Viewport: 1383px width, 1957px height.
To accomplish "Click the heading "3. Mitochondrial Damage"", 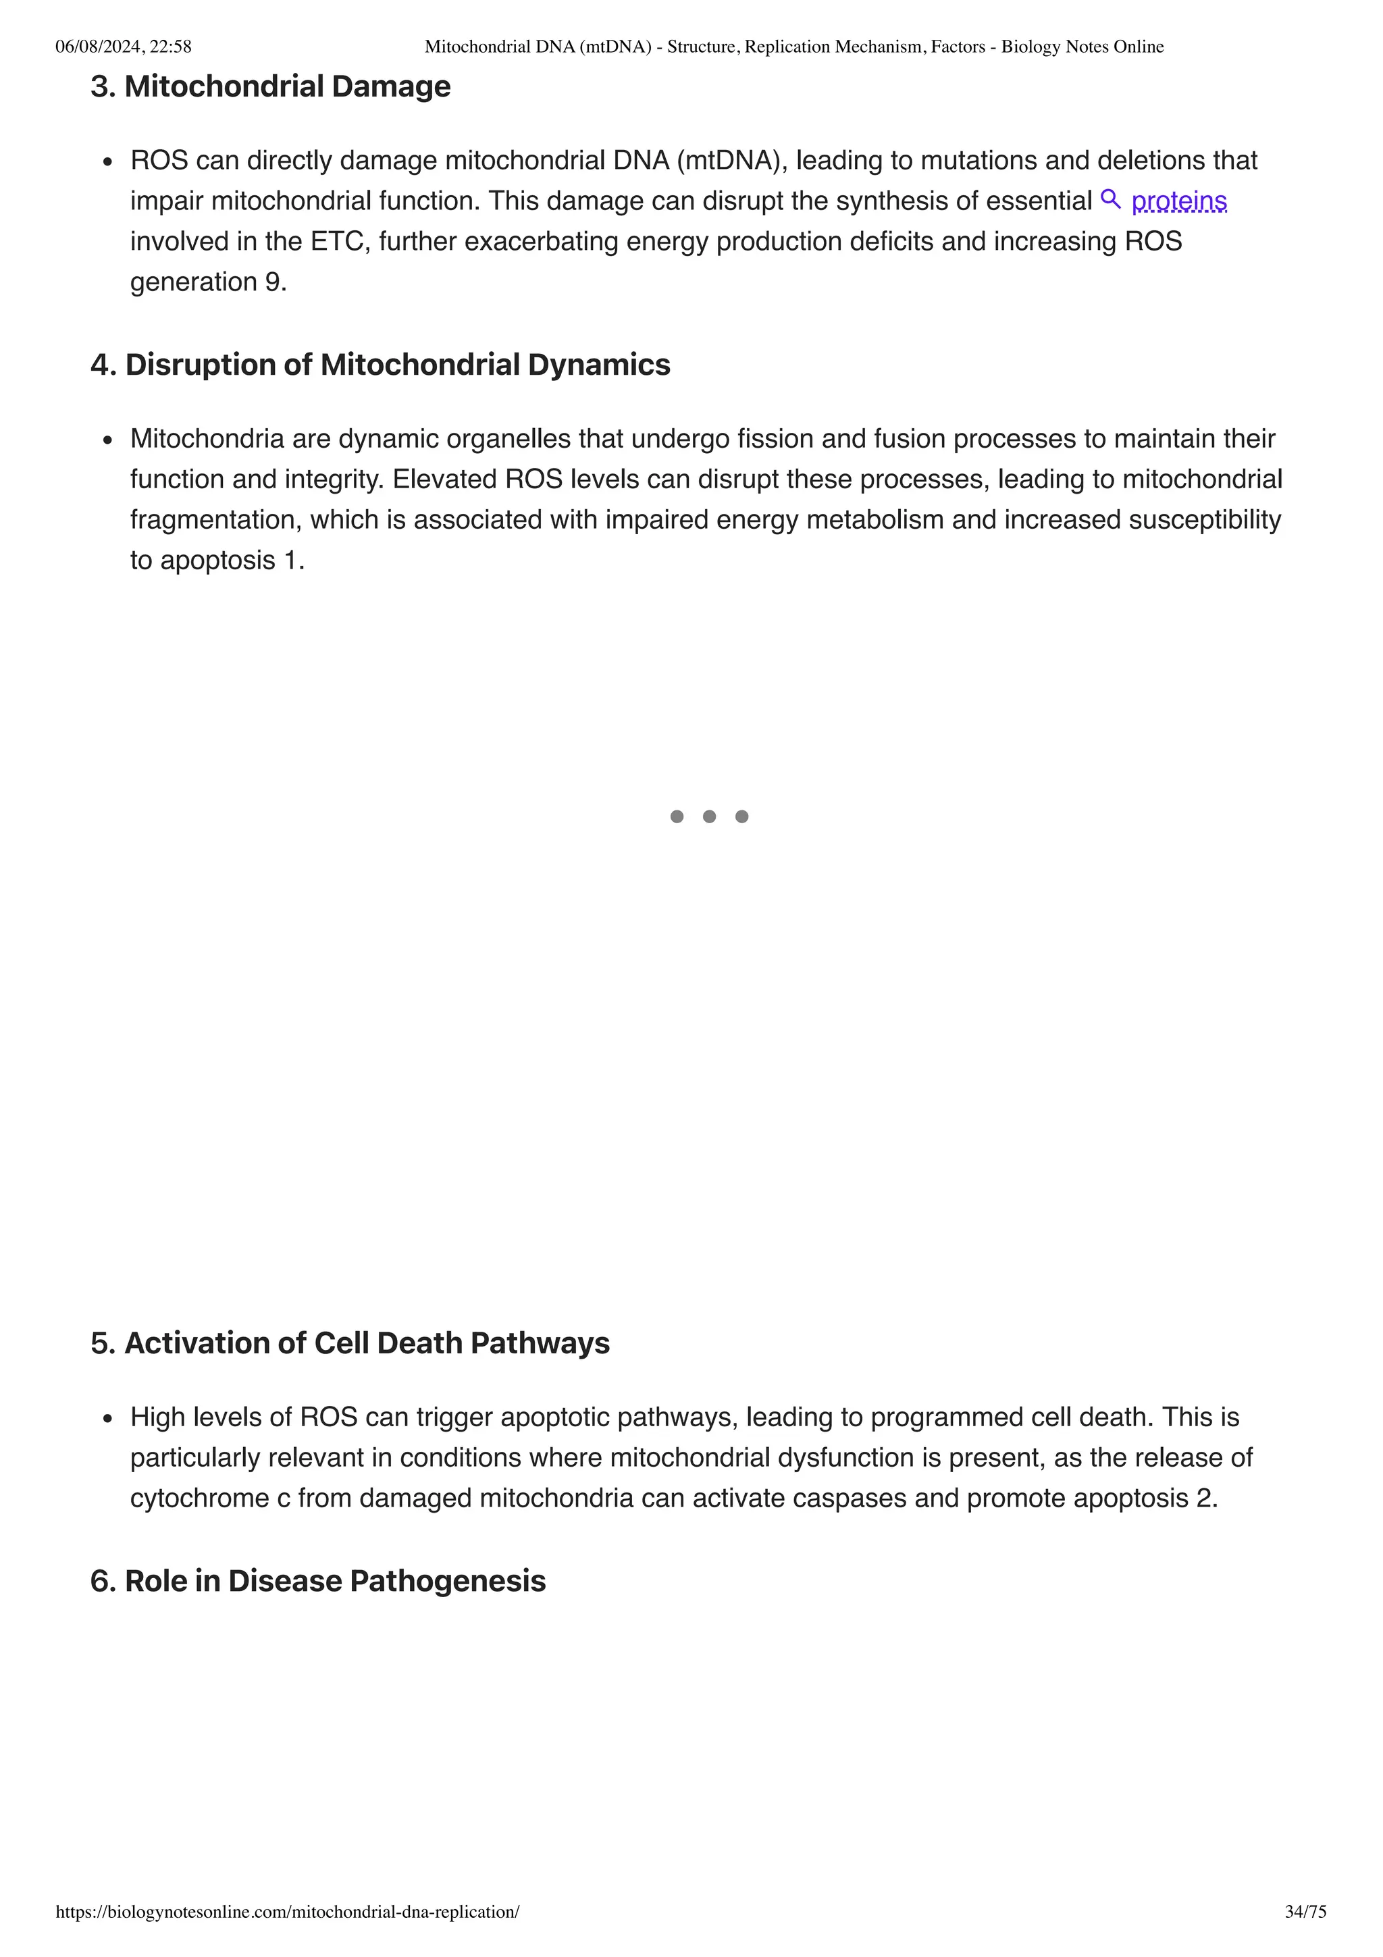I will [x=270, y=86].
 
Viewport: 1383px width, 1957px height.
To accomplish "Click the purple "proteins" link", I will [x=1178, y=201].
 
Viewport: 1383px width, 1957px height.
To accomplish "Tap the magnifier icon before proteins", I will [x=1110, y=199].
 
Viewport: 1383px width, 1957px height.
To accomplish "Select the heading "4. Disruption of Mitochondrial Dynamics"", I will [x=380, y=365].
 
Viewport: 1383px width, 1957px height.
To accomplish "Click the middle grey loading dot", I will [x=709, y=816].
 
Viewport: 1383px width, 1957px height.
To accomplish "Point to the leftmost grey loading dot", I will [x=677, y=816].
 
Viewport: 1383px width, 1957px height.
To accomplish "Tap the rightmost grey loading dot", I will [x=741, y=816].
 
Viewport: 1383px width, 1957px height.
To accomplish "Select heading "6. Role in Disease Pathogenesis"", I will [x=318, y=1581].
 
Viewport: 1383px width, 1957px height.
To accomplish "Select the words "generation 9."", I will [x=208, y=282].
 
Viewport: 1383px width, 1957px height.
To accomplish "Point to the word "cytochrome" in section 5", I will [x=199, y=1498].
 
